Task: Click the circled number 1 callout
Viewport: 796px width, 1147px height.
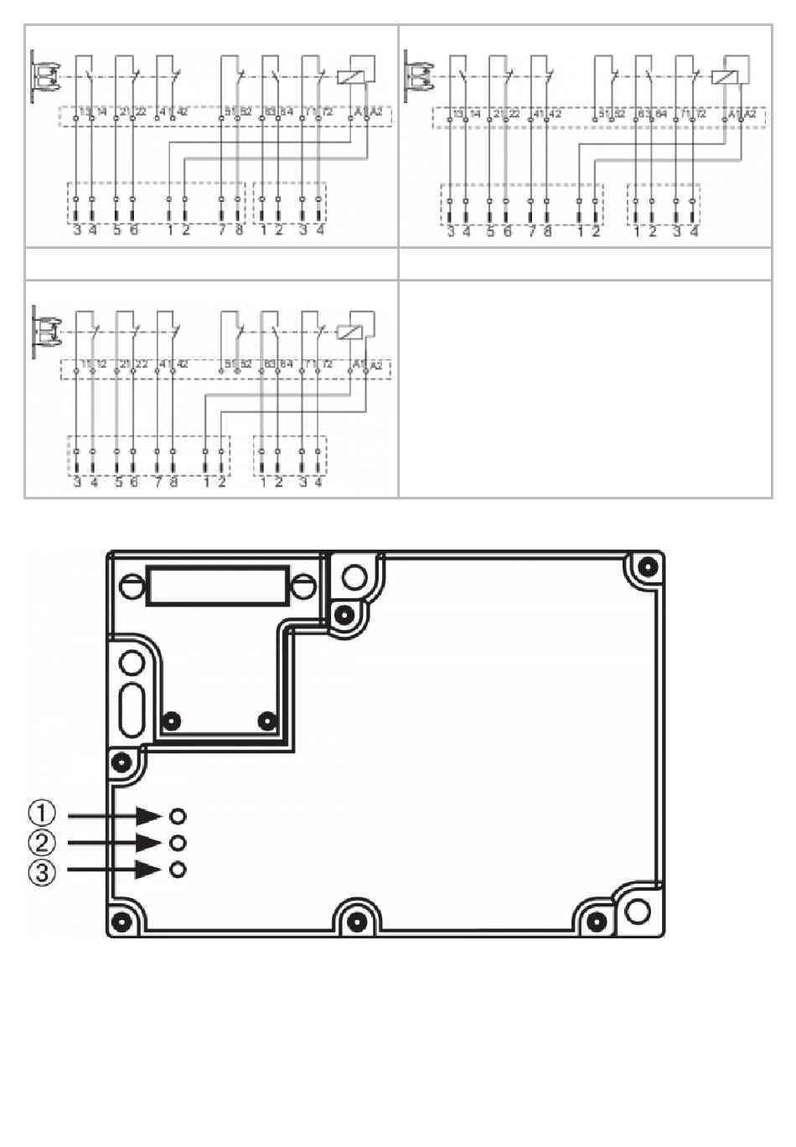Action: coord(43,814)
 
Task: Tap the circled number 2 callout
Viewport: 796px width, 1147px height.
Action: coord(43,843)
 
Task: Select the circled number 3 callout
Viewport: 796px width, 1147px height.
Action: coord(43,872)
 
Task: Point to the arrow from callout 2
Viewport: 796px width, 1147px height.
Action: coord(114,843)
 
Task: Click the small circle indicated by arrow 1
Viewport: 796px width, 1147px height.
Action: coord(178,815)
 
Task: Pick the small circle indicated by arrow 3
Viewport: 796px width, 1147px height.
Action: coord(178,870)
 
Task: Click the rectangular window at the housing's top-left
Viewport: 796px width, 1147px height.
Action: coord(218,585)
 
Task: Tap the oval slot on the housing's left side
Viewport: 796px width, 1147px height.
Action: coord(132,708)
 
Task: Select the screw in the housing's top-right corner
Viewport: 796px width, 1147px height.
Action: coord(647,567)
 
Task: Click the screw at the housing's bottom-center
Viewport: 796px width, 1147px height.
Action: coord(357,922)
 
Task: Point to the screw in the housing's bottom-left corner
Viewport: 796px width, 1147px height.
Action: coord(123,922)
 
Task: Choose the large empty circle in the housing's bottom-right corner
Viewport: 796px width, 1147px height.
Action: coord(638,911)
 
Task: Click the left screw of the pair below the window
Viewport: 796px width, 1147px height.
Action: coord(173,720)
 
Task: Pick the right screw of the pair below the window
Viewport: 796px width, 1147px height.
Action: coord(267,720)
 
